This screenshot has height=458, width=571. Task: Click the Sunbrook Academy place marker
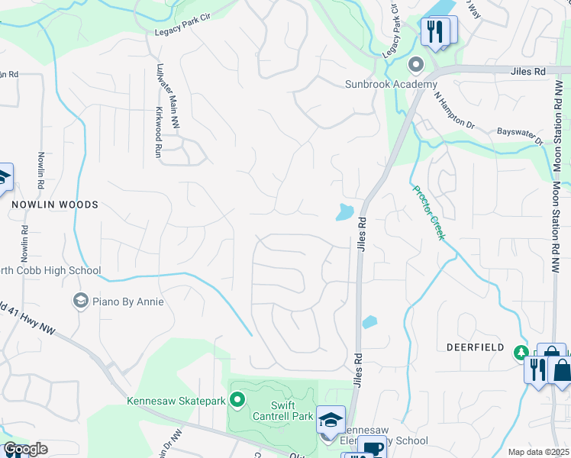[x=416, y=64]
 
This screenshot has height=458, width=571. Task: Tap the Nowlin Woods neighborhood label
[x=54, y=205]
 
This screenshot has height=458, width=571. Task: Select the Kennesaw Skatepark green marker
[x=237, y=399]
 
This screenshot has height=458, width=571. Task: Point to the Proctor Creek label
[x=428, y=213]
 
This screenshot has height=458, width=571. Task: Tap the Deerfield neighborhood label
[x=475, y=347]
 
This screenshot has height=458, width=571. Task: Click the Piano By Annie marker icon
[x=80, y=302]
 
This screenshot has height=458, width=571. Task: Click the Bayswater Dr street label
[x=519, y=137]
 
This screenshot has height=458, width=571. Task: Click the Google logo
[x=24, y=449]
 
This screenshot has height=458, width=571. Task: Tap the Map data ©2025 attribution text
[x=538, y=452]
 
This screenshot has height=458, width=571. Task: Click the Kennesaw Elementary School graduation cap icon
[x=331, y=419]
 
